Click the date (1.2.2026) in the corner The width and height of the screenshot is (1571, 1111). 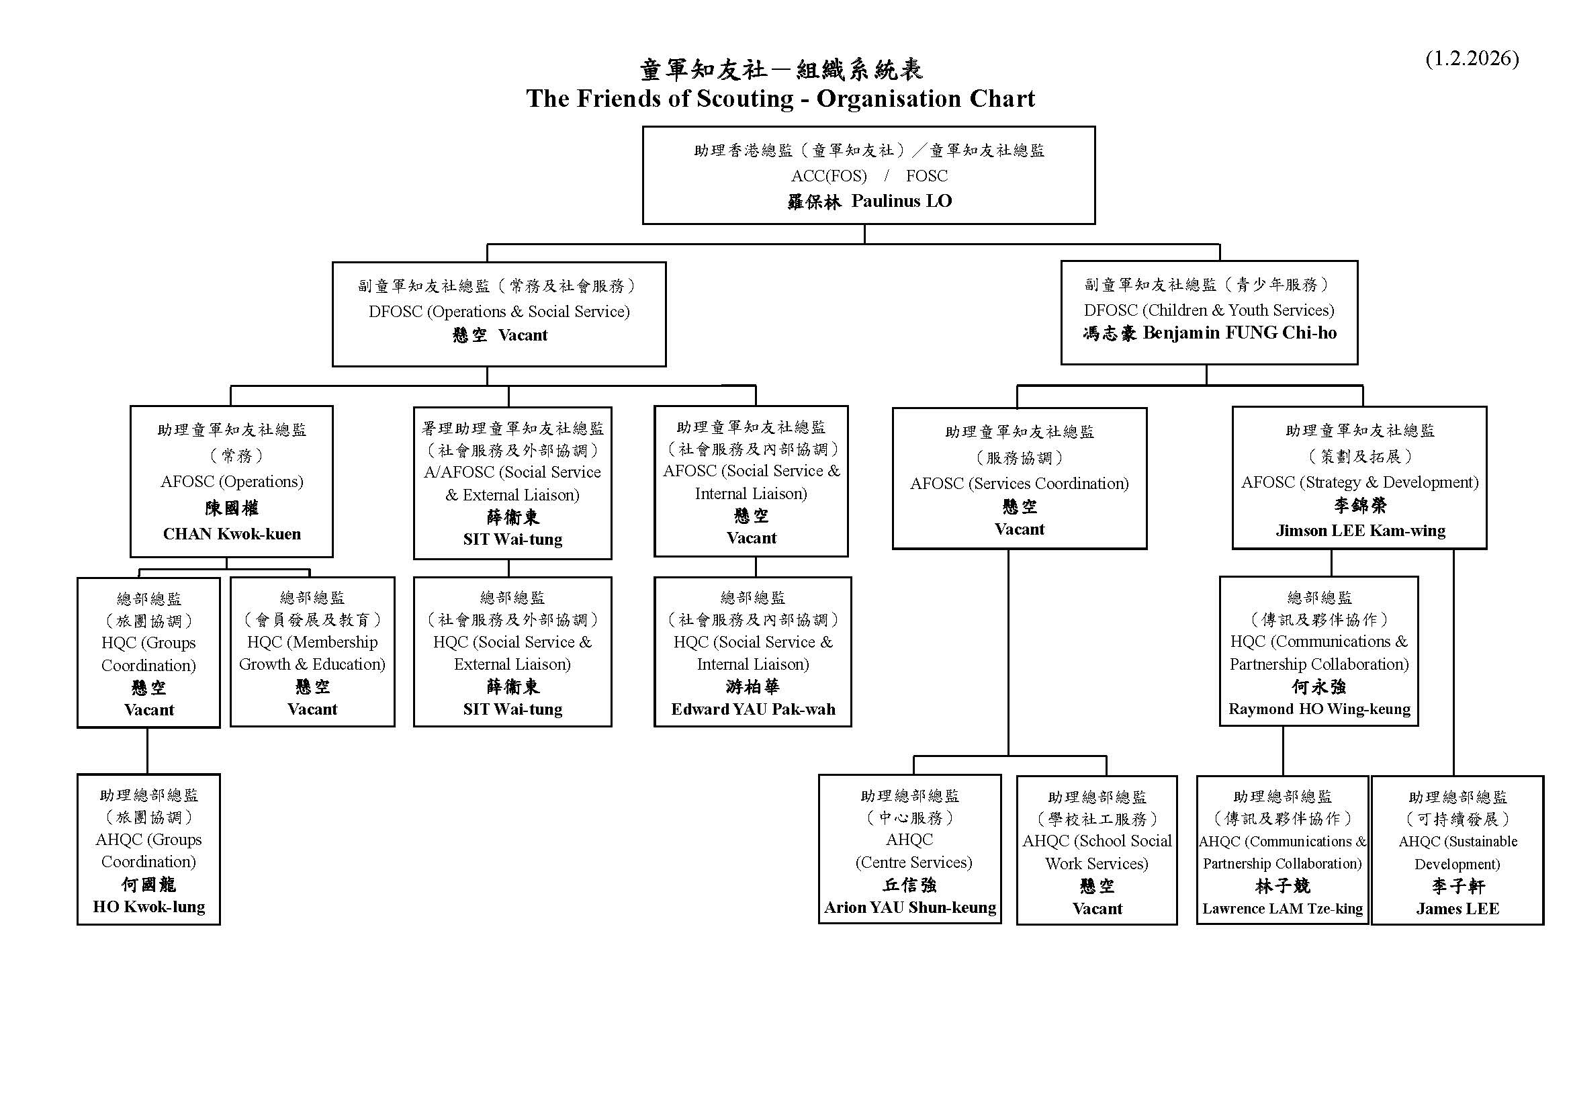tap(1472, 59)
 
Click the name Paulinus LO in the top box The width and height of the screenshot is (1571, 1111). tap(901, 201)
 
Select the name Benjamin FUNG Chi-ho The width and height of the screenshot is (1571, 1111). tap(1239, 333)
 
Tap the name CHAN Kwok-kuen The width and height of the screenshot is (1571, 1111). tap(232, 533)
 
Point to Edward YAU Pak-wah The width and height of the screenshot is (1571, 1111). tap(753, 709)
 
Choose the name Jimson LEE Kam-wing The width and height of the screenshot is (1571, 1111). tap(1360, 531)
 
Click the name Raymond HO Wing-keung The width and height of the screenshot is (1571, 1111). tap(1319, 709)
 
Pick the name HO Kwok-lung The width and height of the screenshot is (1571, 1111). tap(149, 907)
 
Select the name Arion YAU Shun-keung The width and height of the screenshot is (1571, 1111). tap(910, 908)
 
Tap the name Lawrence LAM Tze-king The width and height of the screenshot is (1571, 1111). tap(1282, 909)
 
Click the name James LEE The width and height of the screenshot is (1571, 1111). tap(1457, 909)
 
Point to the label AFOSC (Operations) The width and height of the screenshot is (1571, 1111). tap(232, 482)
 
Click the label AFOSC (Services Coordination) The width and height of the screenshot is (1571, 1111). tap(1020, 484)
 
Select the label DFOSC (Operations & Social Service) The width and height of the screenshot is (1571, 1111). tap(499, 312)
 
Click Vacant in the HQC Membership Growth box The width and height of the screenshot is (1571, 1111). tap(312, 709)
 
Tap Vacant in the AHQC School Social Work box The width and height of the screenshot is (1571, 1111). tap(1097, 909)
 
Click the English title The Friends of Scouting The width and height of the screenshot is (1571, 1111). tap(780, 99)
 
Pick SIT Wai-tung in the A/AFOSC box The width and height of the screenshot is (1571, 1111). tap(512, 539)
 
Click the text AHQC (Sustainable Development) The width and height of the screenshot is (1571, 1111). tap(1457, 852)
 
